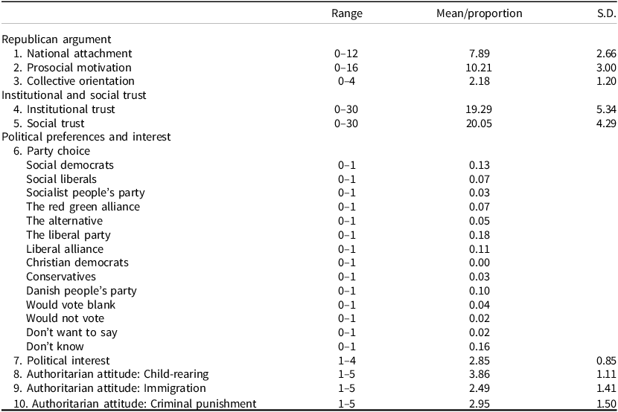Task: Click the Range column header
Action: pyautogui.click(x=346, y=13)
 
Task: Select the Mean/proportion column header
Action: pyautogui.click(x=480, y=13)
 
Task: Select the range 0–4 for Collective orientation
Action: pyautogui.click(x=346, y=81)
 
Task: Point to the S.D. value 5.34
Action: pyautogui.click(x=602, y=109)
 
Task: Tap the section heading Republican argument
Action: pyautogui.click(x=57, y=39)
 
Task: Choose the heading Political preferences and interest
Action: pyautogui.click(x=86, y=137)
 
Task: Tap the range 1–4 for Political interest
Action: pyautogui.click(x=346, y=361)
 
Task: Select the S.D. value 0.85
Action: pyautogui.click(x=602, y=361)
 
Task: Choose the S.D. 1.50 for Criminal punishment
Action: pyautogui.click(x=602, y=403)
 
